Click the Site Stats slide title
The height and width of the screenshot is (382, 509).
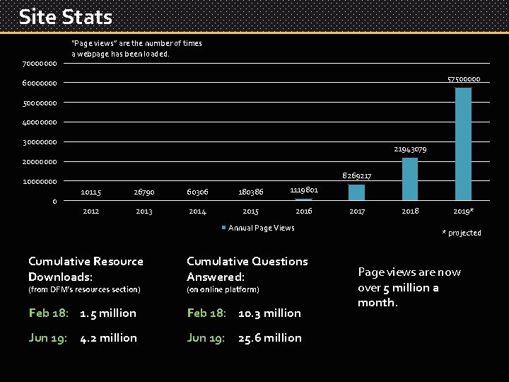point(65,16)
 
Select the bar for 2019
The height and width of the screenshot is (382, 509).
point(463,144)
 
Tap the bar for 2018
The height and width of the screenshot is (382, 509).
point(410,179)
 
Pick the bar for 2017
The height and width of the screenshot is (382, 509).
point(357,192)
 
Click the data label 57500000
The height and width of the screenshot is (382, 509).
point(464,79)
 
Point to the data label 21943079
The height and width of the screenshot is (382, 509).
point(410,149)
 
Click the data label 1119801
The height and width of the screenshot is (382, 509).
point(304,190)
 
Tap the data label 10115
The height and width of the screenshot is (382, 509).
point(90,192)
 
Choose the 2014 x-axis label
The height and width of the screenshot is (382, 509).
point(197,212)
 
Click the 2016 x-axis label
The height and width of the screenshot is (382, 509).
point(304,212)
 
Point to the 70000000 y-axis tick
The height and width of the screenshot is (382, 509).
point(40,64)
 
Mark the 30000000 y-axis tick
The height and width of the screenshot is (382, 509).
point(40,142)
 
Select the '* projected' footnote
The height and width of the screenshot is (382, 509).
point(461,233)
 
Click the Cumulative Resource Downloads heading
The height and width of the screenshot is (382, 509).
point(86,269)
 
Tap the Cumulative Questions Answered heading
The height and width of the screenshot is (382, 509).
point(247,269)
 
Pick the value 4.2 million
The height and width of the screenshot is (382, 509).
point(108,338)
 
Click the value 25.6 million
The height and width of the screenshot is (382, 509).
point(269,338)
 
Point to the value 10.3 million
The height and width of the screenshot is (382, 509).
point(269,313)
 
